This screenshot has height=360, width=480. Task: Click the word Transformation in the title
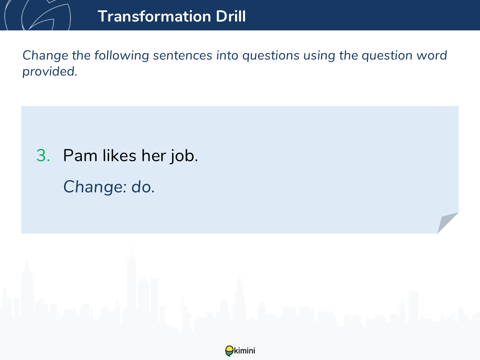(154, 16)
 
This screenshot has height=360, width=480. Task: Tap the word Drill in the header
(231, 16)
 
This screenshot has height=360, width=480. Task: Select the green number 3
(43, 156)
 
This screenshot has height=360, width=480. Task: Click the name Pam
(80, 156)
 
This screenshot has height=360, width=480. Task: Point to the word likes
(119, 155)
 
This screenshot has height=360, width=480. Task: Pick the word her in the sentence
(154, 155)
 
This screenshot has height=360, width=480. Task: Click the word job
(184, 156)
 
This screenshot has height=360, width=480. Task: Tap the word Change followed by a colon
(95, 187)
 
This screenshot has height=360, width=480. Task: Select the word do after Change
(143, 187)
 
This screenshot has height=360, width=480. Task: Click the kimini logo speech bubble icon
(229, 351)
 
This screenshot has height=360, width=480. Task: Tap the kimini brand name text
(244, 351)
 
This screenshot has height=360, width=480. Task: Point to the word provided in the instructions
(50, 72)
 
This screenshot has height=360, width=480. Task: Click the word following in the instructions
(122, 56)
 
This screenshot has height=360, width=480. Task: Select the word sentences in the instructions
(182, 55)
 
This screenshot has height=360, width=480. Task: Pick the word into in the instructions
(227, 55)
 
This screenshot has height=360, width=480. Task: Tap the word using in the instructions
(319, 56)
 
